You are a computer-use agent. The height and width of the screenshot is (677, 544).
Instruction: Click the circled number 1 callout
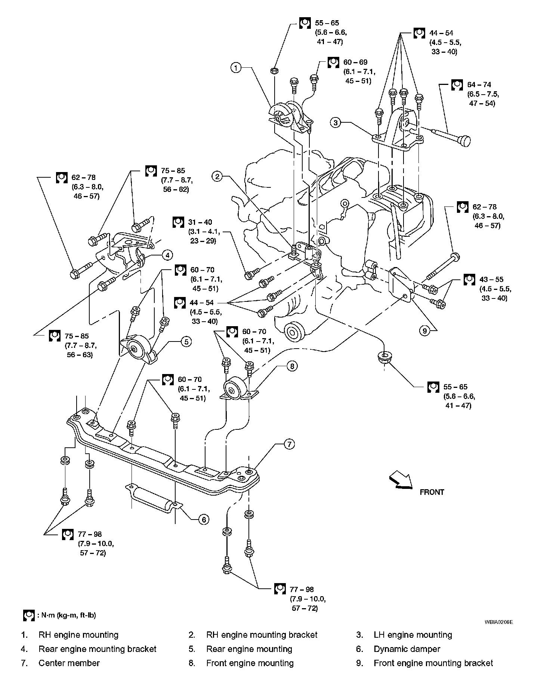236,68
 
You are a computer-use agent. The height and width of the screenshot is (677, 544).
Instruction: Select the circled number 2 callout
217,176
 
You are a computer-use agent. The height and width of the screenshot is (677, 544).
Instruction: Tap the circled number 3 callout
336,122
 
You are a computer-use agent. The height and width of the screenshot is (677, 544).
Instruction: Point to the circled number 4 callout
167,255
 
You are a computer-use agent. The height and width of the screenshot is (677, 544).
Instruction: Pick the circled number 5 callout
186,341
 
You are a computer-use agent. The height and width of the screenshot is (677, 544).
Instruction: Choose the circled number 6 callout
203,519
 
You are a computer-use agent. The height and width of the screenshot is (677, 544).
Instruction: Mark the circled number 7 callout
289,444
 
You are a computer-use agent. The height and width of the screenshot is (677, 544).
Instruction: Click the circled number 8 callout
292,366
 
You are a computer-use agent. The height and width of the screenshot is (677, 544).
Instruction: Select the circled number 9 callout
424,330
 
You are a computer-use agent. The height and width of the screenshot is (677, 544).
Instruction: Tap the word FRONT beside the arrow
432,492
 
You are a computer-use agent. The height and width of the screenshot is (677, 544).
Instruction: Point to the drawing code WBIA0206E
499,622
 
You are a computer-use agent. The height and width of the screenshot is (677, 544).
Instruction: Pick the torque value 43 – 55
491,279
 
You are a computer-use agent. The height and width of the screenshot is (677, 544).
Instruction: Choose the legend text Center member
69,663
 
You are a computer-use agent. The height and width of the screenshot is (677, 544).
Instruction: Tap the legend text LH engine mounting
413,635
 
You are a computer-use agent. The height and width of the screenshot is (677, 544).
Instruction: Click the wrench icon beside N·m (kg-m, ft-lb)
28,615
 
